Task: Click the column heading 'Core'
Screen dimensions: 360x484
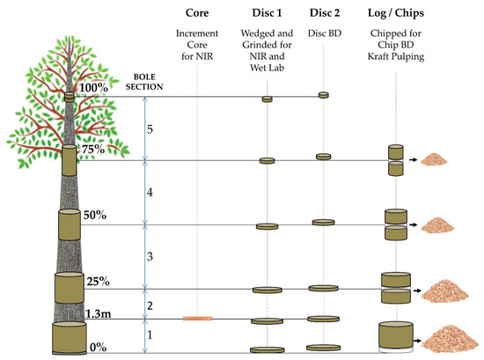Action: [x=197, y=14]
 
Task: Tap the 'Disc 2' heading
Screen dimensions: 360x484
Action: [x=324, y=14]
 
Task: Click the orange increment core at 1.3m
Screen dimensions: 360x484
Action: [x=197, y=318]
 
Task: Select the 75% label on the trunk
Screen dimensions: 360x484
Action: [x=92, y=150]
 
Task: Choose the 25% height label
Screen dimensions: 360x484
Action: [x=98, y=282]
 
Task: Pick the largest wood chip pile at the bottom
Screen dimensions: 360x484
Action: [x=446, y=337]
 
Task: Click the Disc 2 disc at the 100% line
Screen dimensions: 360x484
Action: [x=323, y=94]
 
